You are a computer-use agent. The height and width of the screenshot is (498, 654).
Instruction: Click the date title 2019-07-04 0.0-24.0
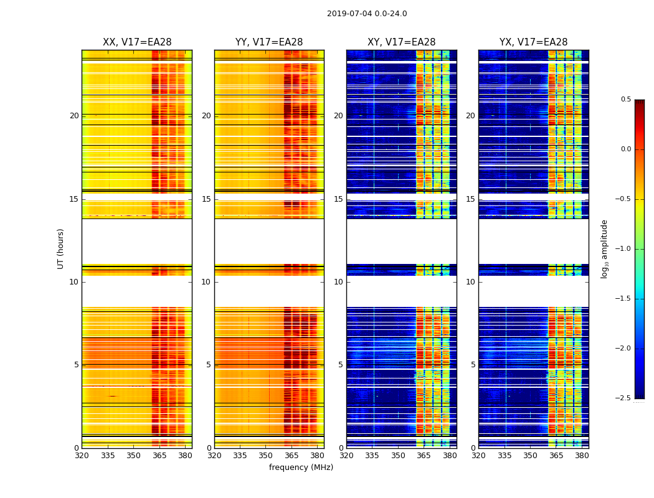pyautogui.click(x=367, y=14)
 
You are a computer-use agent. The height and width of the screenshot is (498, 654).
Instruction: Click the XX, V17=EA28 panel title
pyautogui.click(x=137, y=42)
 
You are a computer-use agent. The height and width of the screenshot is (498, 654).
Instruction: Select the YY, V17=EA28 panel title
pyautogui.click(x=269, y=42)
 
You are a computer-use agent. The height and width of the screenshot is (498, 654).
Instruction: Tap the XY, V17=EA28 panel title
pyautogui.click(x=402, y=42)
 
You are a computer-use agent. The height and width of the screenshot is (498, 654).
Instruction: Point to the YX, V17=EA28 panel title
pyautogui.click(x=534, y=42)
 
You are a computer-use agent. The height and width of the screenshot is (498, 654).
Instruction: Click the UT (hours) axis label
pyautogui.click(x=61, y=248)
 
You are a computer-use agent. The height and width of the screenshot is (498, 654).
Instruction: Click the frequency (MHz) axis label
pyautogui.click(x=301, y=467)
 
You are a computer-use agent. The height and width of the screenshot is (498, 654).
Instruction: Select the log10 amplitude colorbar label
pyautogui.click(x=604, y=248)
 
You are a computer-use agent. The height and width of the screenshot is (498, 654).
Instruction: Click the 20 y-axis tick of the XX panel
pyautogui.click(x=75, y=116)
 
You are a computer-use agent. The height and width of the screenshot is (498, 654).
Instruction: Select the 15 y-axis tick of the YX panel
pyautogui.click(x=471, y=199)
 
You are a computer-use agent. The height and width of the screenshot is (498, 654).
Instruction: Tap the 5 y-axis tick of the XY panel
pyautogui.click(x=341, y=365)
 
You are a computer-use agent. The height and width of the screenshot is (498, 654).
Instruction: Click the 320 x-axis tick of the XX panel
pyautogui.click(x=82, y=455)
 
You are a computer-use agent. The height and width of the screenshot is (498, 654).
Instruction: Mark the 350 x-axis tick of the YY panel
pyautogui.click(x=266, y=455)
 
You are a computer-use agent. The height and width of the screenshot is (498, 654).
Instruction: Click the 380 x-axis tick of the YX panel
pyautogui.click(x=582, y=455)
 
